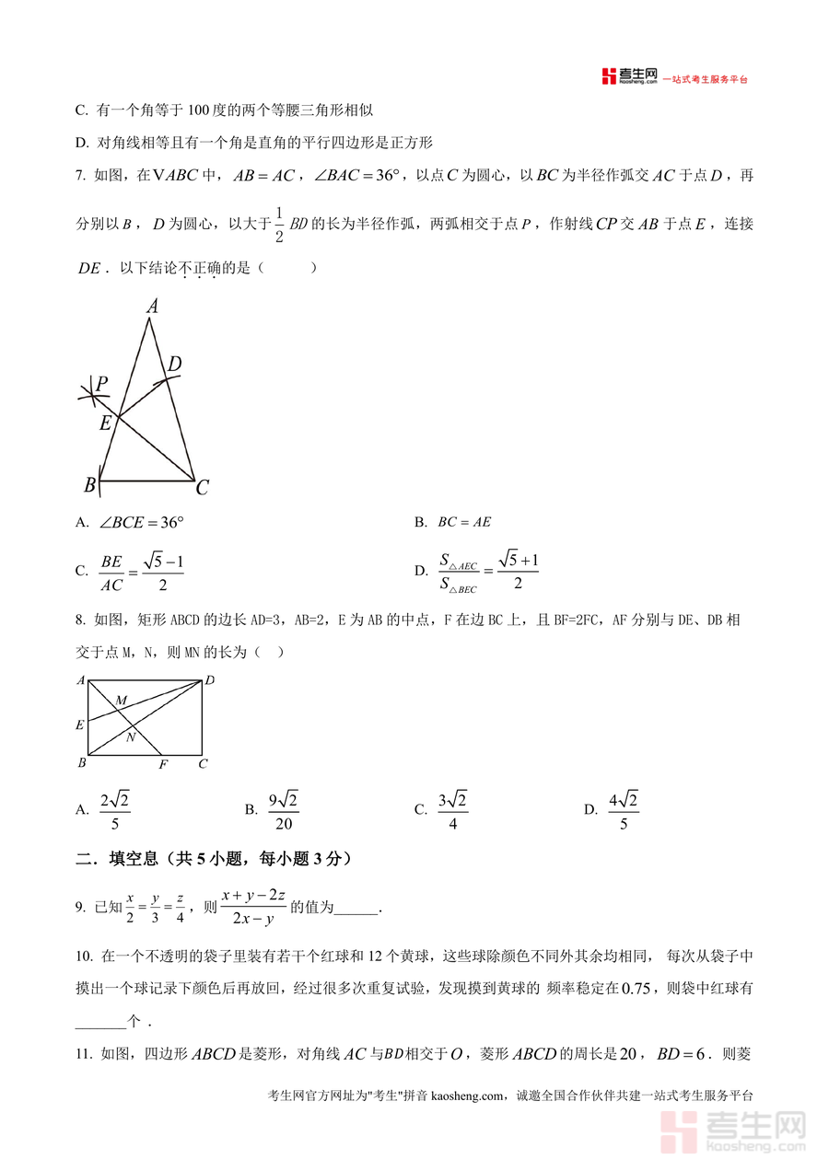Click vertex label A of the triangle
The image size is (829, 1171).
pos(152,307)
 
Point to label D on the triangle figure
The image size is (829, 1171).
pos(174,365)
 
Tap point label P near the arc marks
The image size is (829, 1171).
pos(102,383)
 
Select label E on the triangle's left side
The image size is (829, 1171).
pos(105,423)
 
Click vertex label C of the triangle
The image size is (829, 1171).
pos(202,488)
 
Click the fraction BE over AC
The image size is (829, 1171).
pos(111,571)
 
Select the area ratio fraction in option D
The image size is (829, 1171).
pos(458,571)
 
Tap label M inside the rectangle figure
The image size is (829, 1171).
pos(121,701)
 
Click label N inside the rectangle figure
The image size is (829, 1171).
pos(131,736)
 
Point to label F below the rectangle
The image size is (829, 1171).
pos(163,764)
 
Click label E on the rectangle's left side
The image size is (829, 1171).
pos(80,725)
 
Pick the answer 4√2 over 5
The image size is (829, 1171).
pos(624,810)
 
